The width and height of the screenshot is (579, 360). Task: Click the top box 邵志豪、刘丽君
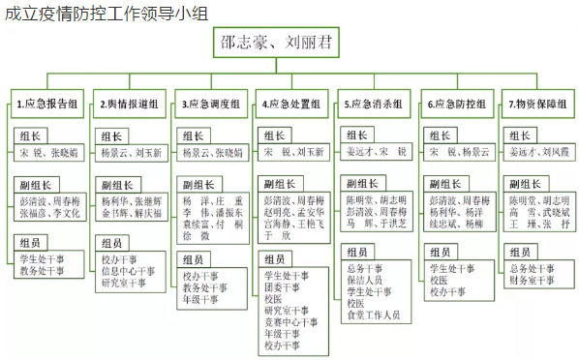[x=290, y=45]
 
